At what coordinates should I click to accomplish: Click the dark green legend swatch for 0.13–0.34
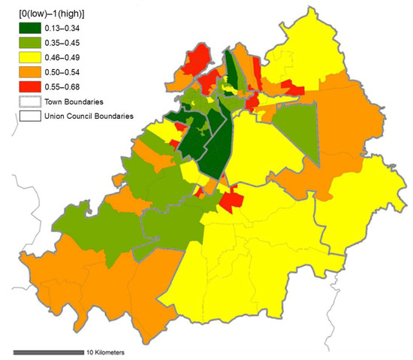pos(29,29)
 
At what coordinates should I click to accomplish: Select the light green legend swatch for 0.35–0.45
pos(29,44)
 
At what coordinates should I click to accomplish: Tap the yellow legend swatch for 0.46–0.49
pos(29,58)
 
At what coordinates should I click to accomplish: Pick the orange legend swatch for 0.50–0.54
pos(29,72)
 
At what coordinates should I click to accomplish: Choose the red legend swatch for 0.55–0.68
pos(29,87)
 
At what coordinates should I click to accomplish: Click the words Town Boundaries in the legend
pos(76,101)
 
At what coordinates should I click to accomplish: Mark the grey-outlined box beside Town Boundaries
pos(29,101)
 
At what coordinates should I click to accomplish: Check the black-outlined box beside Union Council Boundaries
pos(29,116)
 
